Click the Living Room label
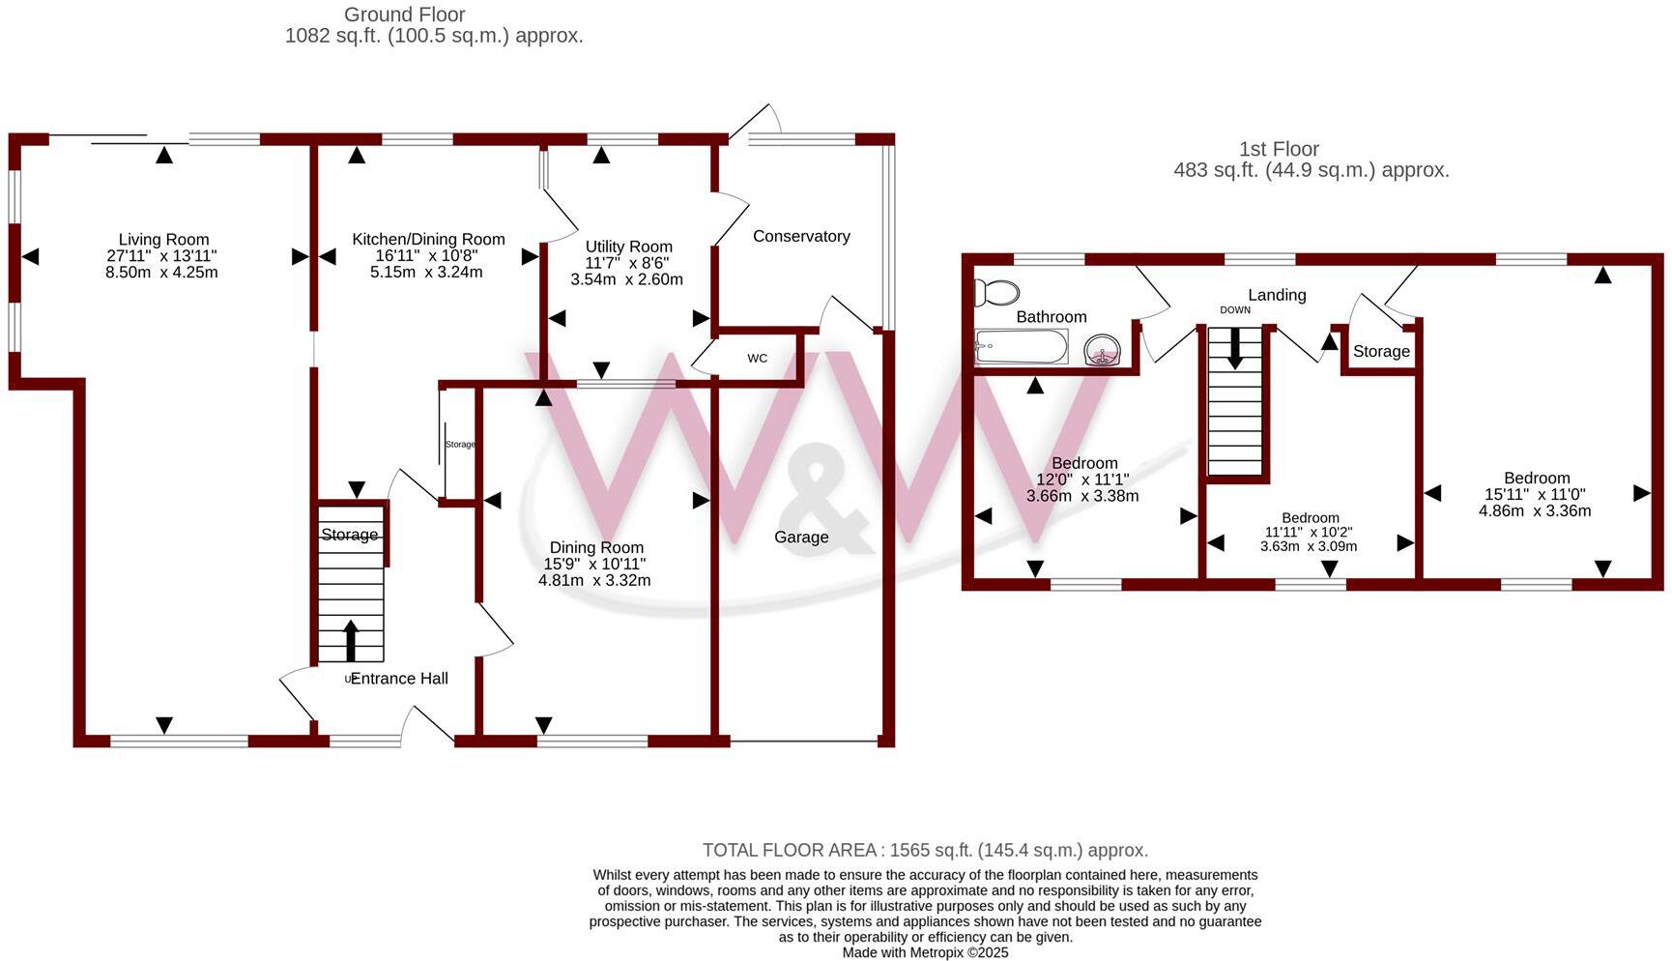[x=163, y=240]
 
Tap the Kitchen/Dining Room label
[x=428, y=240]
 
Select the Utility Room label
[x=628, y=247]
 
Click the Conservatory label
[x=801, y=236]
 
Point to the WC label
[x=757, y=359]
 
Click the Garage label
[x=801, y=538]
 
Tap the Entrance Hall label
[x=399, y=679]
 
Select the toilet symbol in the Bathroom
[x=996, y=292]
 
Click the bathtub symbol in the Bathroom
[x=1022, y=346]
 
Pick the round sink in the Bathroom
[x=1102, y=350]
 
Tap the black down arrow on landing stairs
[x=1234, y=348]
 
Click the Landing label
[x=1277, y=295]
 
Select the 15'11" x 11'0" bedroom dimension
[x=1536, y=494]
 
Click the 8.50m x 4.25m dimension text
[x=161, y=273]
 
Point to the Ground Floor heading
[x=405, y=15]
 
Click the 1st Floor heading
[x=1279, y=149]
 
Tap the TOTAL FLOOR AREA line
[x=925, y=851]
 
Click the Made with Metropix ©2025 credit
[x=925, y=952]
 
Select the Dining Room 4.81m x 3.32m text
[x=594, y=581]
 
